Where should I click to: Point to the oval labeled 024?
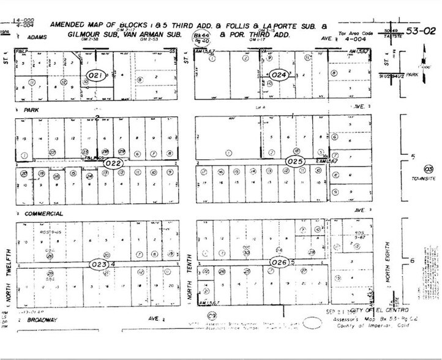tap(280, 75)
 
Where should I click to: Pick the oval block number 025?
tap(296, 161)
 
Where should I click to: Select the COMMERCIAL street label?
tap(43, 213)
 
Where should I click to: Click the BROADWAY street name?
tap(40, 319)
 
